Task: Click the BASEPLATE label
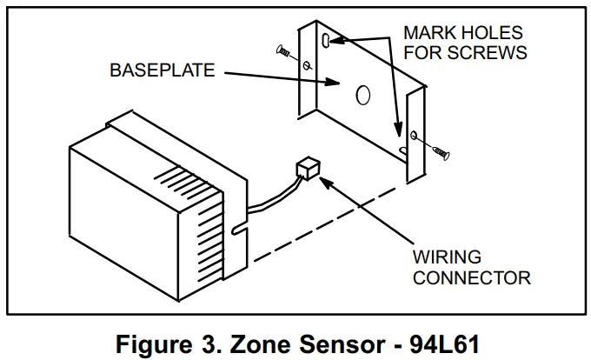click(x=162, y=70)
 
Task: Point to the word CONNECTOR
click(x=471, y=279)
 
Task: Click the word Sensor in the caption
click(x=335, y=342)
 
